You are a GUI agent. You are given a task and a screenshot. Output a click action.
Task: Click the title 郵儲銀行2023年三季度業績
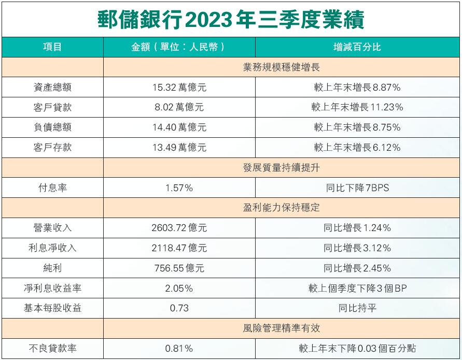click(x=231, y=20)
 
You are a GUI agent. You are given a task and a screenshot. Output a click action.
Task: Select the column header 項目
click(x=52, y=47)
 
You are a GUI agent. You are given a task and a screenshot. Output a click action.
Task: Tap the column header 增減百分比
click(x=357, y=47)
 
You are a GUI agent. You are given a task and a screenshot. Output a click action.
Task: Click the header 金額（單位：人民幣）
click(x=179, y=47)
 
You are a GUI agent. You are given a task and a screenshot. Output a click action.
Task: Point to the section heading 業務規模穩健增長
click(x=282, y=67)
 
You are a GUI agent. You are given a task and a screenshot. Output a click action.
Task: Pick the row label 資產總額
click(x=52, y=88)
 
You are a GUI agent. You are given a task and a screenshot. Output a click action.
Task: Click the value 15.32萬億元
click(x=179, y=88)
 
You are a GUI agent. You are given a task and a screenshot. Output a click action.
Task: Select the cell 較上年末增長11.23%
click(x=357, y=107)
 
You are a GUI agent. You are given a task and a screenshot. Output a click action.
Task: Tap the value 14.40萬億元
click(x=179, y=127)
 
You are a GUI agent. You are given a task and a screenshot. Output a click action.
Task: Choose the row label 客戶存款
click(x=52, y=148)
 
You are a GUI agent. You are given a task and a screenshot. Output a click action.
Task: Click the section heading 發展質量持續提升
click(x=282, y=168)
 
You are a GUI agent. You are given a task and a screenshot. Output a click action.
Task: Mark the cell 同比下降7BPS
click(x=357, y=188)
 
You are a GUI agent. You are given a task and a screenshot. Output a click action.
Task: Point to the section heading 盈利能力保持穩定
click(x=282, y=208)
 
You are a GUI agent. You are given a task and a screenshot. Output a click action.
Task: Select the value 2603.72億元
click(x=179, y=228)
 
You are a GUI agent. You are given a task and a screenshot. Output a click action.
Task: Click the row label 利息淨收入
click(x=52, y=248)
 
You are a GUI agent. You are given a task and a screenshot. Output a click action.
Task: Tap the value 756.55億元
click(x=179, y=268)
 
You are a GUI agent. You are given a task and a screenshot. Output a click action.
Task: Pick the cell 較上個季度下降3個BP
click(x=357, y=288)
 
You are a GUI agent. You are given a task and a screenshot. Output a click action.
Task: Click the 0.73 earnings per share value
click(x=179, y=308)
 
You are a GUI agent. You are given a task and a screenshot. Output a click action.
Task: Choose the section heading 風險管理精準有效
click(x=282, y=328)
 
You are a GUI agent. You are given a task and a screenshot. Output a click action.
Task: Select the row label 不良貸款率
click(x=52, y=349)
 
